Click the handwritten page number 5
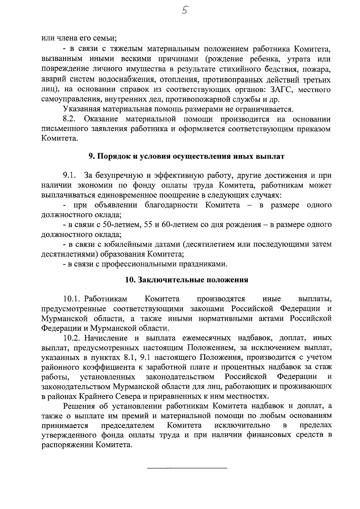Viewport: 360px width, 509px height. coord(184,11)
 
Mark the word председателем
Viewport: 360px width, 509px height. coord(127,426)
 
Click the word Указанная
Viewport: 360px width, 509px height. coord(81,109)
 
